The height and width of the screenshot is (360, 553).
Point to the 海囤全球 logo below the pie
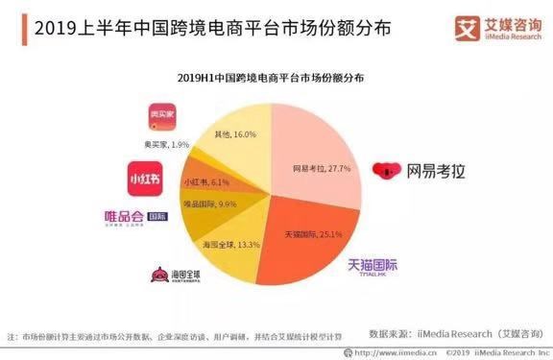(x=177, y=276)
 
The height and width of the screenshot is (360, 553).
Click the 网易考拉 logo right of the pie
(x=422, y=172)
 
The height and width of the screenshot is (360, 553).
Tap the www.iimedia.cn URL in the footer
(x=384, y=353)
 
